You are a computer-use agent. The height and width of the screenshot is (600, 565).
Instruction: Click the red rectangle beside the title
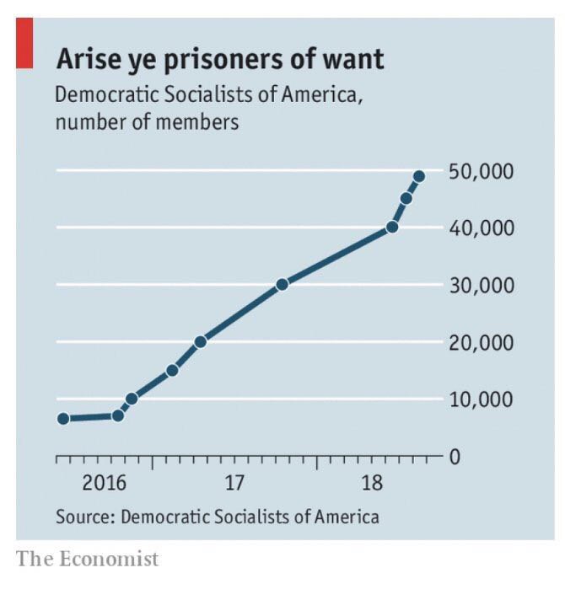tap(24, 44)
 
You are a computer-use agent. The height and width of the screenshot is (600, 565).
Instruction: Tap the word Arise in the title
tap(87, 60)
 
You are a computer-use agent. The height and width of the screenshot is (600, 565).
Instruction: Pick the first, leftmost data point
tap(63, 419)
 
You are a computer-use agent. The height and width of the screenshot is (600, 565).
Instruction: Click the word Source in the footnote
tap(84, 517)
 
